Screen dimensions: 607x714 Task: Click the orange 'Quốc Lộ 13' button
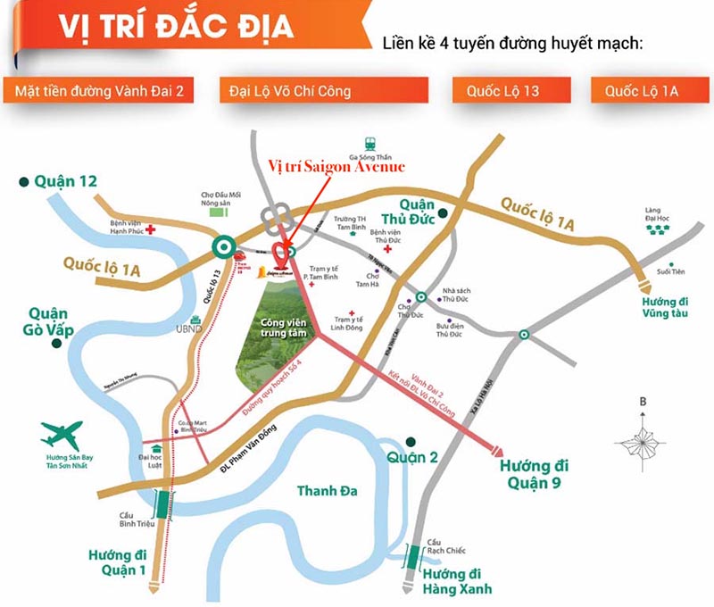pos(509,90)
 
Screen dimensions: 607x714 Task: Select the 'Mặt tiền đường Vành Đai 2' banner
pos(98,90)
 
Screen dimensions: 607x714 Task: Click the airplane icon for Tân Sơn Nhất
pos(62,436)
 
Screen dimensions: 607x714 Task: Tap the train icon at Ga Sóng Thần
pos(369,143)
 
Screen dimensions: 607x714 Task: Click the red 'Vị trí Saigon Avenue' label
pos(336,167)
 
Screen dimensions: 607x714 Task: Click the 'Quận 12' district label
pos(65,182)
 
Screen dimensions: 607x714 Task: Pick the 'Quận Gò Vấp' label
pos(49,322)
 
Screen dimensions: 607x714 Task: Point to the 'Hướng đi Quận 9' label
pos(535,474)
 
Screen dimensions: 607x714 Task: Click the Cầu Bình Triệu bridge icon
pos(163,505)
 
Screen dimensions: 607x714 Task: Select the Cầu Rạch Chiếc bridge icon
pos(414,557)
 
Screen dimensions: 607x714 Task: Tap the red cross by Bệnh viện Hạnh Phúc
pos(151,229)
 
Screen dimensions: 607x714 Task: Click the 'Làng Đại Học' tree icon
pos(658,229)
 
